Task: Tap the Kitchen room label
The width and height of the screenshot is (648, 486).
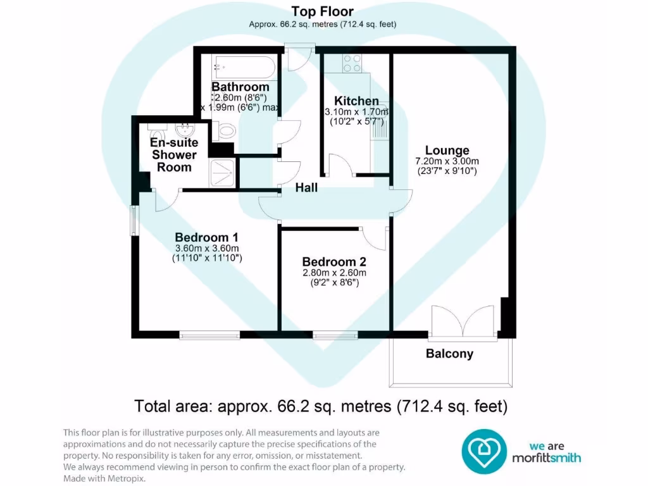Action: coord(356,101)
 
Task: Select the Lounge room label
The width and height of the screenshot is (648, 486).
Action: coord(447,151)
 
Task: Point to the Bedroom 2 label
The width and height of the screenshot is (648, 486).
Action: coord(333,262)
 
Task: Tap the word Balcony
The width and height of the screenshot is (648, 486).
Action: coord(449,354)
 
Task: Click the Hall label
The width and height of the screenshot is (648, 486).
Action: coord(306,188)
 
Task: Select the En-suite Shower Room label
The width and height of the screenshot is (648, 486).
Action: coord(174,155)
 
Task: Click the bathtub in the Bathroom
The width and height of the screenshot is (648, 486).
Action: coord(244,66)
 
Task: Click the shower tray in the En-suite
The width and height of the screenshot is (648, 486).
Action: coord(224,171)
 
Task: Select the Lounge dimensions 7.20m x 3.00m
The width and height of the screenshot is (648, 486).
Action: coord(447,161)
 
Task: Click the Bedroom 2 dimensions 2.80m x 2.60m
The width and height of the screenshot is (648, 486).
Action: coord(333,273)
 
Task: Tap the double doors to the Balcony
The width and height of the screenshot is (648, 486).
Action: coord(463,321)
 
